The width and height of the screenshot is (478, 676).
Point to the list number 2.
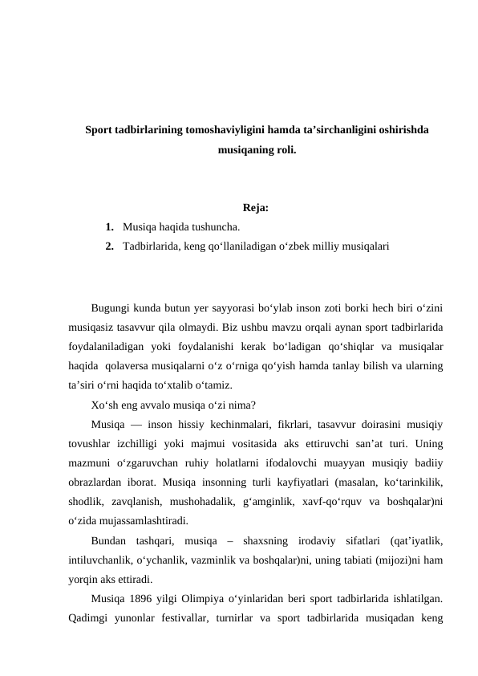tap(108, 247)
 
